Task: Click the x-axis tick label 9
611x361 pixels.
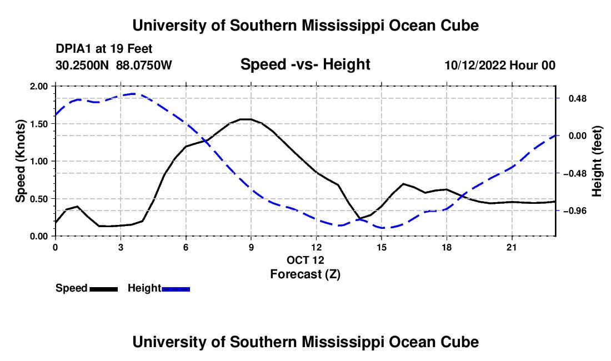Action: click(x=251, y=247)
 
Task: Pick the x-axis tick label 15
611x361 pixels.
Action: click(x=382, y=247)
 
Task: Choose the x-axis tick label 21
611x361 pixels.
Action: click(x=512, y=247)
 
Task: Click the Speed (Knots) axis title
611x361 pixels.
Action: click(x=20, y=161)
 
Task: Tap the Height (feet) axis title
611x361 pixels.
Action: click(x=597, y=161)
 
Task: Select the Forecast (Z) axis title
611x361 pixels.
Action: click(x=305, y=274)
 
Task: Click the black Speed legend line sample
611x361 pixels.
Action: click(x=104, y=289)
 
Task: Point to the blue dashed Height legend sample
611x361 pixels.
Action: click(x=176, y=289)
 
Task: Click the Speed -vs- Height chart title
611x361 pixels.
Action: click(x=305, y=64)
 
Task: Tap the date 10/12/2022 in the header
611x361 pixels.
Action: click(x=475, y=65)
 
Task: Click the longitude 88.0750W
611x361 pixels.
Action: click(x=144, y=65)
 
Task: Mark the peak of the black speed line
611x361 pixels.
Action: click(x=246, y=119)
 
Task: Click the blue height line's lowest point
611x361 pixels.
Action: click(x=382, y=228)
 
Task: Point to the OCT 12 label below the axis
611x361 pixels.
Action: click(x=305, y=260)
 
